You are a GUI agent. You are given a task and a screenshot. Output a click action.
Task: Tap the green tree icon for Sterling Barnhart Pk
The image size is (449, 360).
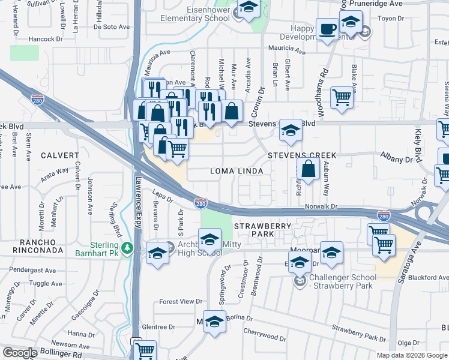point(127,247)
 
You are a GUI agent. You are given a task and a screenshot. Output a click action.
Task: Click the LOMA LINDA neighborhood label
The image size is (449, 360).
point(237,171)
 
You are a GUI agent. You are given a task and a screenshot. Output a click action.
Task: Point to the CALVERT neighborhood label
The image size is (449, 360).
point(59,155)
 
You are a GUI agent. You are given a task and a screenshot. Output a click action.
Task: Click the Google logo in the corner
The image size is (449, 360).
point(20,353)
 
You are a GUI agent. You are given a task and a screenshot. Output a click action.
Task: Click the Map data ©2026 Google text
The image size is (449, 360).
point(412,355)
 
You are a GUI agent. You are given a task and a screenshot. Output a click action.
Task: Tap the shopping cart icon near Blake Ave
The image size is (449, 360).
point(342,97)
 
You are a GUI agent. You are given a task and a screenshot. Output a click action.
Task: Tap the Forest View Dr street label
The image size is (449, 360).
point(181,302)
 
